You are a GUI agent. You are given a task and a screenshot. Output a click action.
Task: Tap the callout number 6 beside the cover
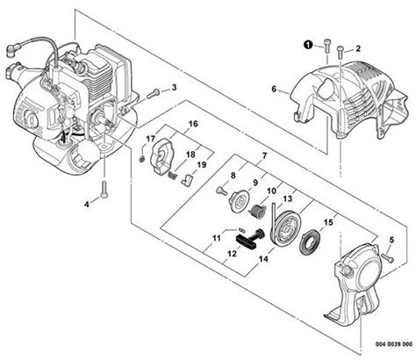(x=275, y=88)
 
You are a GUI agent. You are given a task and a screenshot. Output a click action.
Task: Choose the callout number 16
(x=193, y=125)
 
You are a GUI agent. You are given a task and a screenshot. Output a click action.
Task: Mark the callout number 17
(x=152, y=138)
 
